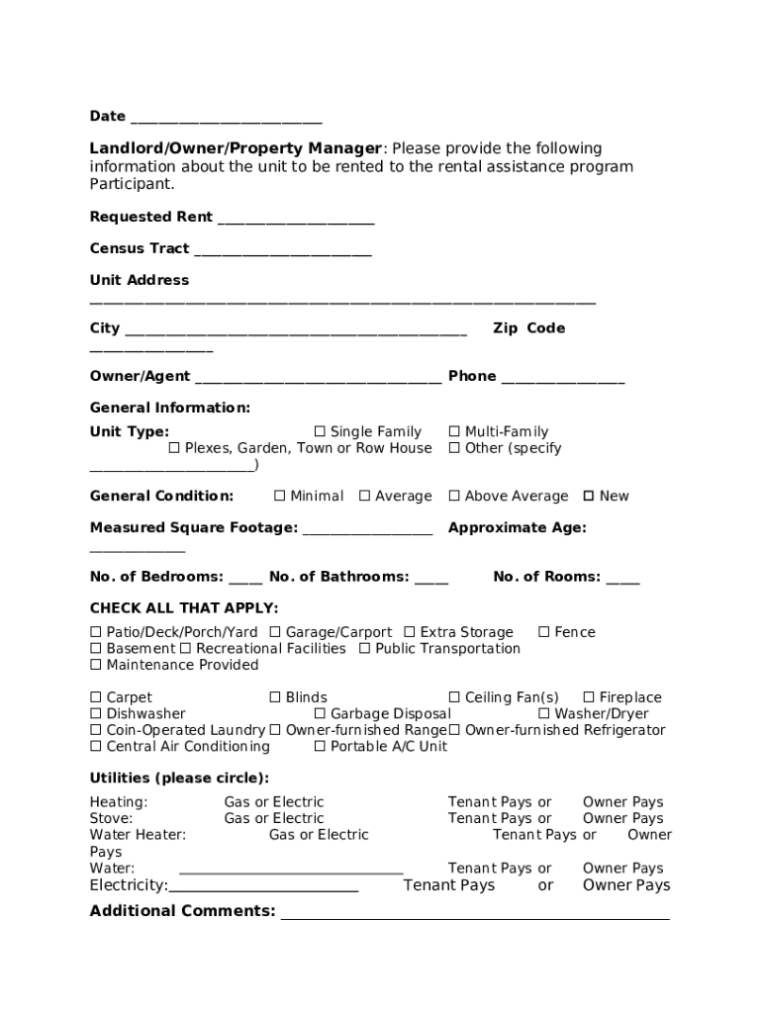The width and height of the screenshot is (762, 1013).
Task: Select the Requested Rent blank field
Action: click(295, 220)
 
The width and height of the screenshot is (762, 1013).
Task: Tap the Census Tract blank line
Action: click(282, 251)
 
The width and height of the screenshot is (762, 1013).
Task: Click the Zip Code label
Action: click(528, 328)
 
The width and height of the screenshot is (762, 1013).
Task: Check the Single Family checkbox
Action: click(320, 431)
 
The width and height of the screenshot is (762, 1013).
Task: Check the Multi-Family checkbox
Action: click(454, 431)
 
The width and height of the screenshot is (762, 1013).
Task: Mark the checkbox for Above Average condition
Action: click(454, 496)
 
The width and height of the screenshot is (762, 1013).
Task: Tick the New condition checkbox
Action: click(589, 496)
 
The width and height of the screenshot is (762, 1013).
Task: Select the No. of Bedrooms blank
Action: click(245, 579)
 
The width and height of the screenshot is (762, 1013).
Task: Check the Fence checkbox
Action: click(543, 632)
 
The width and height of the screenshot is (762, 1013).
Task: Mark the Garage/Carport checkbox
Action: click(275, 632)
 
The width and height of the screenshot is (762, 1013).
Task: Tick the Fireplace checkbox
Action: click(589, 697)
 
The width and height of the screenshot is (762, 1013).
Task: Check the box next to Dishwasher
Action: click(96, 713)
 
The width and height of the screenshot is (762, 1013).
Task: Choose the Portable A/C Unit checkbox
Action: click(320, 746)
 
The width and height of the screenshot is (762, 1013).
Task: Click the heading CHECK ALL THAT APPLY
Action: click(184, 607)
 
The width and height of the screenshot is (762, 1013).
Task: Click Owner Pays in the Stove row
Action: click(622, 818)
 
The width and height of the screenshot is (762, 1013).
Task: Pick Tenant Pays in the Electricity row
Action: click(448, 885)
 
